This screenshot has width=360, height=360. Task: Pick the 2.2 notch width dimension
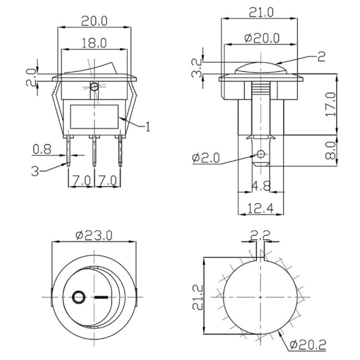coord(260,236)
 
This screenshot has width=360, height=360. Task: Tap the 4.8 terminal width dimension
coord(260,186)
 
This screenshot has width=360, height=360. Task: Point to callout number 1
coord(148,127)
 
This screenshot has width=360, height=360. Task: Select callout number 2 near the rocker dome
coord(321,55)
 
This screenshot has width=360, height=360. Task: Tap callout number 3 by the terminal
coord(35,171)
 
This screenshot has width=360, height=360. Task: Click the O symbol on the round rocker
coord(78,296)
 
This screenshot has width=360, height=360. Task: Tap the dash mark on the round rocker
coord(101,296)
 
